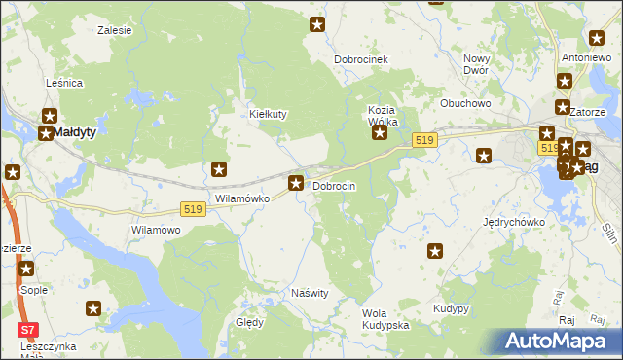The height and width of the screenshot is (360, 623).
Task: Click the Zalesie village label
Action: click(x=115, y=30)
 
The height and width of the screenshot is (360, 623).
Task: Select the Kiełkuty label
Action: click(x=268, y=114)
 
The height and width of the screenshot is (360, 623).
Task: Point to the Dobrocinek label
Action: click(x=361, y=60)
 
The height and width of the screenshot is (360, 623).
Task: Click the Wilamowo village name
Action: click(x=156, y=231)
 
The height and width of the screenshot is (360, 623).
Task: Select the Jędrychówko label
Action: click(x=513, y=222)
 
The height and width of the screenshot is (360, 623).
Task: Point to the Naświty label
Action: click(x=311, y=293)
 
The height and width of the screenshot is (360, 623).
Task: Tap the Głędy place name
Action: click(x=250, y=322)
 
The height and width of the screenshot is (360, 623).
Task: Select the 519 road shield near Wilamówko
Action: click(x=192, y=209)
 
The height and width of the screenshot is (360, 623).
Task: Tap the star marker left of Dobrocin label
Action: click(x=295, y=183)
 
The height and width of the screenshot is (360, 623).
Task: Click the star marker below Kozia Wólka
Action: click(x=380, y=133)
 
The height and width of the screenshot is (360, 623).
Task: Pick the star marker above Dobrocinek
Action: click(x=316, y=24)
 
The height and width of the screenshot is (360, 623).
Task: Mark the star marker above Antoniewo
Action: click(x=597, y=39)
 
